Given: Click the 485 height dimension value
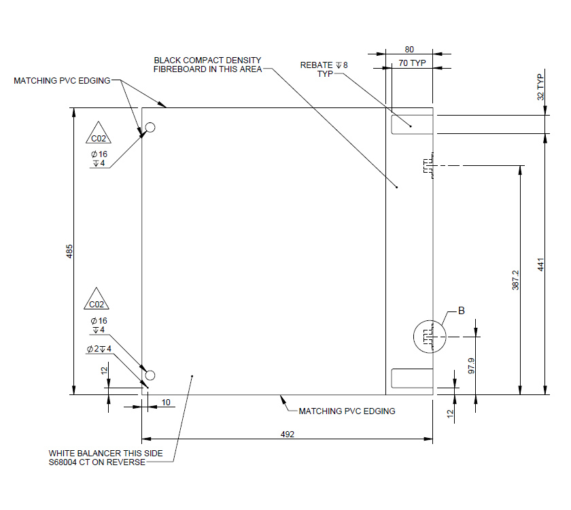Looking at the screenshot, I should [x=69, y=251].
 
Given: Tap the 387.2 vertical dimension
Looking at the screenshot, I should [x=515, y=279].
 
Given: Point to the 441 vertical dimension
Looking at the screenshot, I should [x=541, y=264].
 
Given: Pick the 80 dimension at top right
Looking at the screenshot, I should [x=409, y=50].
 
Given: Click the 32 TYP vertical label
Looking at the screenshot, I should [x=541, y=87].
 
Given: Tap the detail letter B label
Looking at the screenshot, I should [x=461, y=311].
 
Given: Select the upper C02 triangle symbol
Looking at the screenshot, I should [x=99, y=136].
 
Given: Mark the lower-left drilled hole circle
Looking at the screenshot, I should [x=150, y=375].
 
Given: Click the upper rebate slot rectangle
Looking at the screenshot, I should [x=411, y=124].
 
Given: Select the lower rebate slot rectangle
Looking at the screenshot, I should [x=411, y=378].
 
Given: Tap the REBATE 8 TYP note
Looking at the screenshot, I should [x=324, y=69].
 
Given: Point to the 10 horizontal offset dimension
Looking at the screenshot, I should [x=166, y=403].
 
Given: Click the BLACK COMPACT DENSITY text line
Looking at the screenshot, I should [x=207, y=61].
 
